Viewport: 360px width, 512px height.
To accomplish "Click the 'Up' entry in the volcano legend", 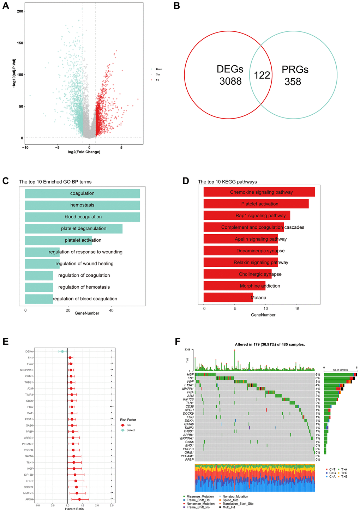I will [x=157, y=80].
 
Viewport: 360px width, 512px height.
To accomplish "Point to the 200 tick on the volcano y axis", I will [x=20, y=11].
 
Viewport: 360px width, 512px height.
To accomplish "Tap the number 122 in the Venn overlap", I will [x=262, y=75].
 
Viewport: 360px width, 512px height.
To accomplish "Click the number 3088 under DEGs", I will [x=230, y=82].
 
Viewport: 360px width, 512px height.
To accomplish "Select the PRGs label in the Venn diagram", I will [x=295, y=70].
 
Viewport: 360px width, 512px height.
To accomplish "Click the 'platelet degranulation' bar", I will [x=73, y=229].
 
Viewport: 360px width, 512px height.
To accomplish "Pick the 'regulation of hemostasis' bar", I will [x=39, y=287].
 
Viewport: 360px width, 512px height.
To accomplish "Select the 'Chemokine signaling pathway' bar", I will [x=259, y=192].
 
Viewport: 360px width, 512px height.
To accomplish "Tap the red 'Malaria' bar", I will [x=228, y=298].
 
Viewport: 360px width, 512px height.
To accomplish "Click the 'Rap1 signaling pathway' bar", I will [x=247, y=216].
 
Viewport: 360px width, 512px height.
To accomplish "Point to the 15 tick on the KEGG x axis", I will [x=297, y=309].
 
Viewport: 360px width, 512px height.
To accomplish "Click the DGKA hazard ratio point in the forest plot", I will [x=62, y=351].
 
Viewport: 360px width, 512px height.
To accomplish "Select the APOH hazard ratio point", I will [x=79, y=499].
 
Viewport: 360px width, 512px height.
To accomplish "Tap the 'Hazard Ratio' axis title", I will [x=74, y=509].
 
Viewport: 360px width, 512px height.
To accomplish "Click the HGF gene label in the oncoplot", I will [x=190, y=374].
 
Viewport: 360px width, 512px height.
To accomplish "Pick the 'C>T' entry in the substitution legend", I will [x=332, y=470].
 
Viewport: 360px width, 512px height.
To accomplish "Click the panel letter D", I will [x=186, y=181].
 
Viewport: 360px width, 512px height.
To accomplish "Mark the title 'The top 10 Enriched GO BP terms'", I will [x=55, y=182].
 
